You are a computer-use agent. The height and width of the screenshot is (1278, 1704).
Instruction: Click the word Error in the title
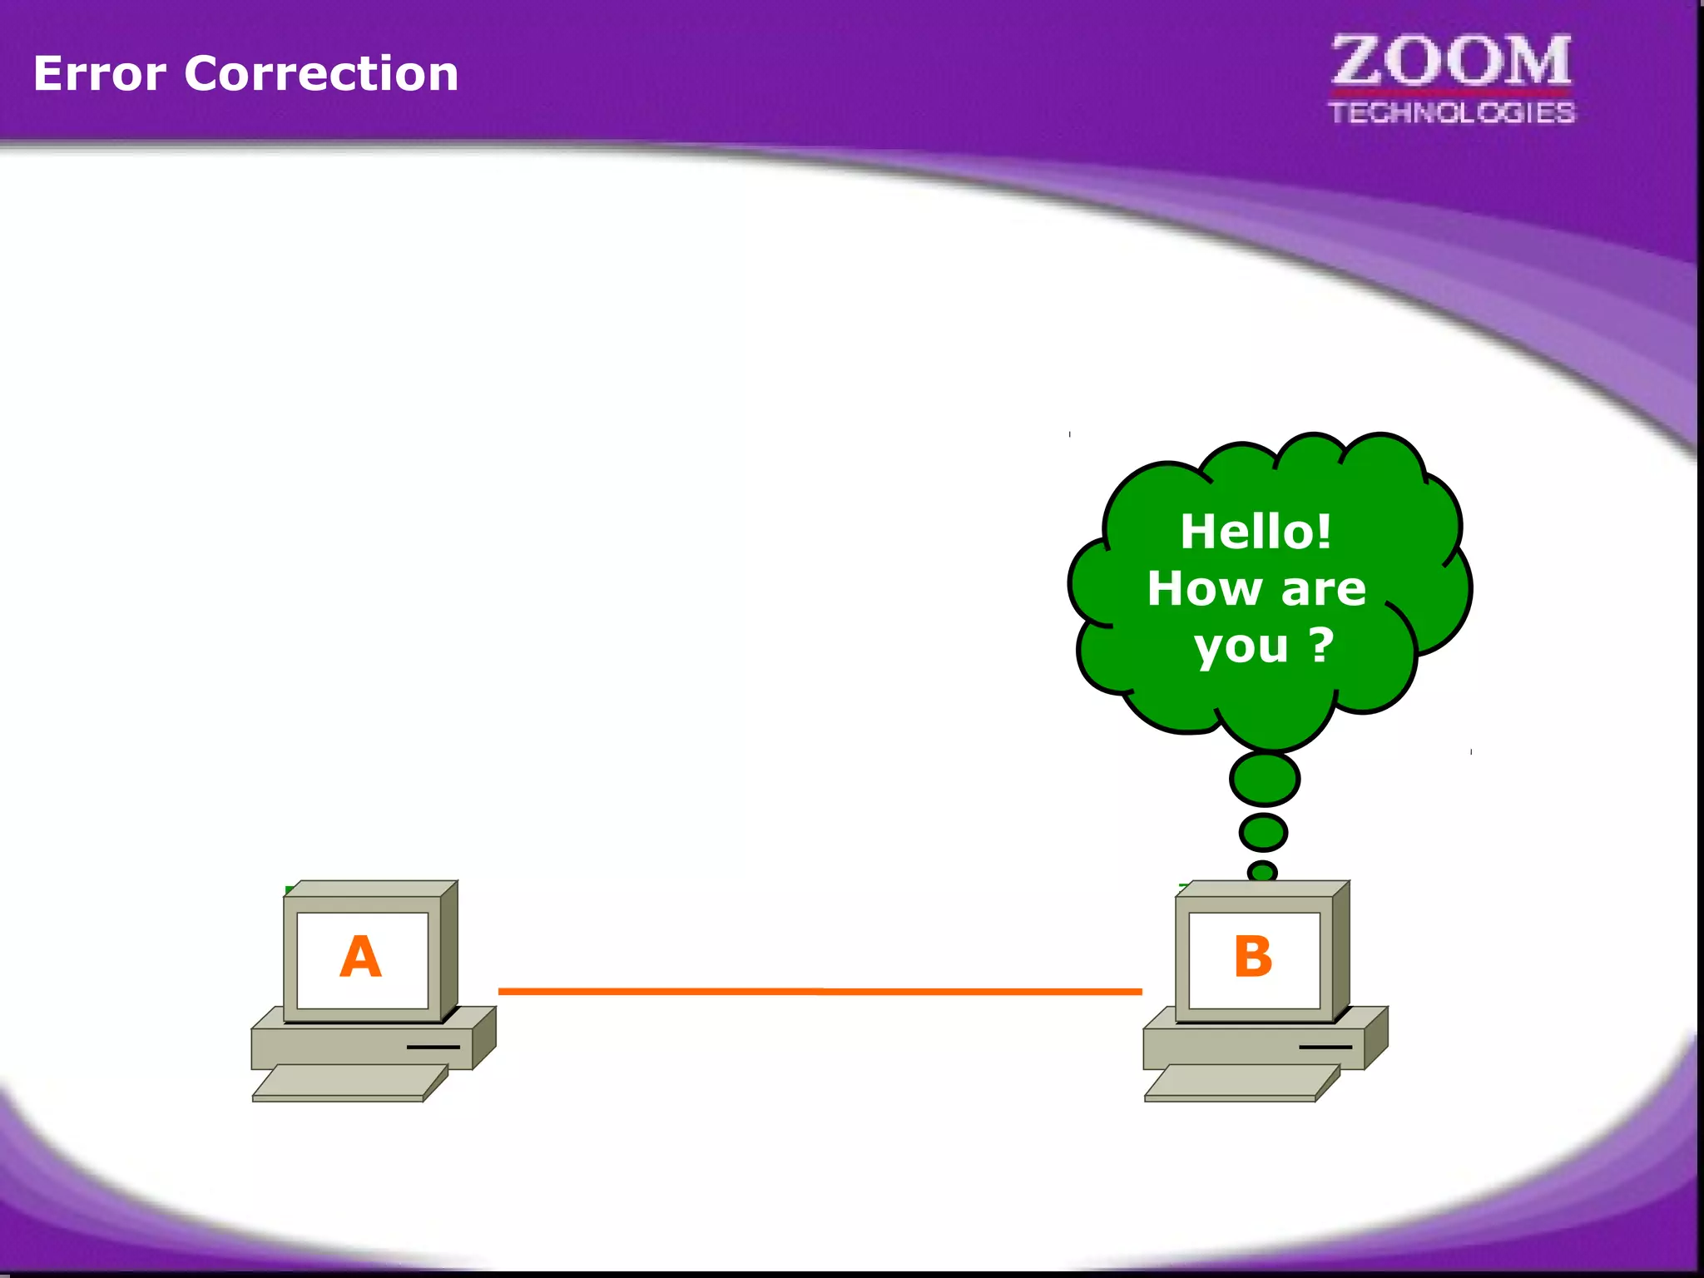click(100, 74)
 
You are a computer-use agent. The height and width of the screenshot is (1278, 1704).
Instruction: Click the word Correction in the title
click(321, 74)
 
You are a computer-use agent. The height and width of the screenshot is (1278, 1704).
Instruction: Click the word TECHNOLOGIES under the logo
click(1451, 113)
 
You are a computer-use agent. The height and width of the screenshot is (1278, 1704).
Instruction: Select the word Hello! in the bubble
click(1256, 532)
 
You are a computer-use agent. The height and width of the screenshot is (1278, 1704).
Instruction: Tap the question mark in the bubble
click(1321, 645)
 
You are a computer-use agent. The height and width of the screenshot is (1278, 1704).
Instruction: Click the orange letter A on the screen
click(360, 957)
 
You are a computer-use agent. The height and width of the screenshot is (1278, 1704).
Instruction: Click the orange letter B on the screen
click(1253, 957)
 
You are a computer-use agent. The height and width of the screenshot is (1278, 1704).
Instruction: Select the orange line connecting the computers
click(820, 991)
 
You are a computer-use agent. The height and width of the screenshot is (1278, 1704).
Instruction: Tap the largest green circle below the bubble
click(1265, 779)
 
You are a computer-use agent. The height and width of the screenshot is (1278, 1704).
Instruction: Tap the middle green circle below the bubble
click(1263, 832)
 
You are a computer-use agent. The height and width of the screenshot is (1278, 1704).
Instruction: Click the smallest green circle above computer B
click(1262, 871)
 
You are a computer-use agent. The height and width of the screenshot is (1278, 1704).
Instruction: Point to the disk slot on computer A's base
click(433, 1047)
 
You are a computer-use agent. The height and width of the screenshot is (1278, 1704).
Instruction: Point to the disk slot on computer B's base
click(1325, 1047)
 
